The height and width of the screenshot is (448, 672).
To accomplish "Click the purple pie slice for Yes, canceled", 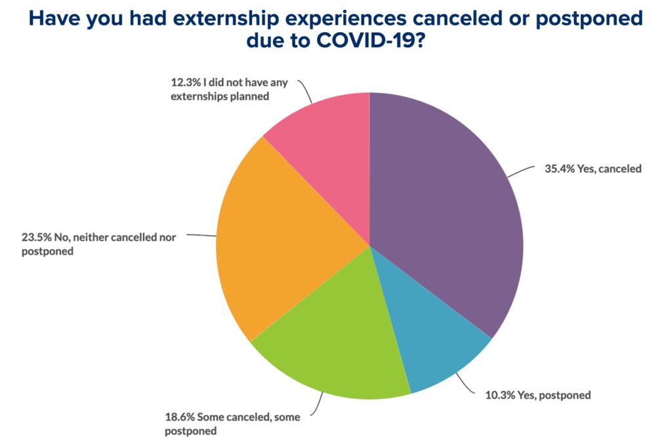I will click(446, 210).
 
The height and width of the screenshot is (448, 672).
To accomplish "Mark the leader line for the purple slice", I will click(519, 172).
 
